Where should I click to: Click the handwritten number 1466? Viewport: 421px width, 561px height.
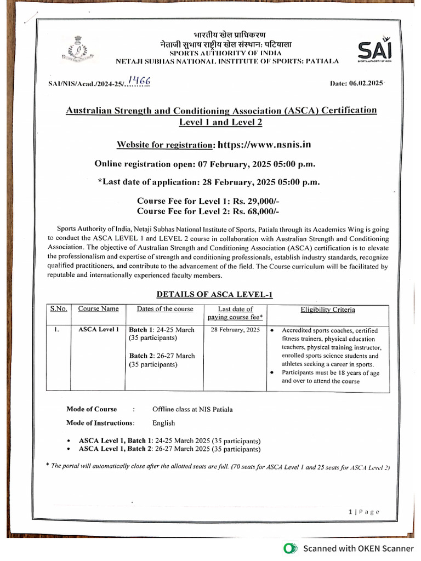tap(139, 82)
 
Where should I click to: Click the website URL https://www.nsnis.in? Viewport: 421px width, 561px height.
tap(264, 145)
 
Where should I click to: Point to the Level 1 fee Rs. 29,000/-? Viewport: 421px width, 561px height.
tap(254, 201)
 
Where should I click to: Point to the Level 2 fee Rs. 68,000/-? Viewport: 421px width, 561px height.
tap(254, 211)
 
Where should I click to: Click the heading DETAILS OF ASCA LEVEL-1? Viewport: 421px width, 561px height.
tap(214, 295)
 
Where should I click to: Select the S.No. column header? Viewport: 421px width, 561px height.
tap(59, 309)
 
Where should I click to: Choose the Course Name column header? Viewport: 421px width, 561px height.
tap(98, 309)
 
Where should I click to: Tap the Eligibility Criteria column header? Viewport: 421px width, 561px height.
tap(327, 310)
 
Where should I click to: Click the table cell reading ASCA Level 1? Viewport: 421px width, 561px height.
tap(98, 329)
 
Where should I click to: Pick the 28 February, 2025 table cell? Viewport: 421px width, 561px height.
tap(235, 330)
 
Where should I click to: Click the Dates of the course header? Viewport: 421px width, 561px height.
tap(165, 309)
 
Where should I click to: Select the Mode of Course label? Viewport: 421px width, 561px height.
tap(92, 409)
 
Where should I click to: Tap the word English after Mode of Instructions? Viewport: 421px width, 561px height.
tap(164, 423)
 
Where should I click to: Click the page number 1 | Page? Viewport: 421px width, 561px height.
tap(363, 512)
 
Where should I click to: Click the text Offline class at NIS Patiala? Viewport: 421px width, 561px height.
tap(192, 409)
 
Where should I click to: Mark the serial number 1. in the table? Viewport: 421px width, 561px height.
tap(57, 330)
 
